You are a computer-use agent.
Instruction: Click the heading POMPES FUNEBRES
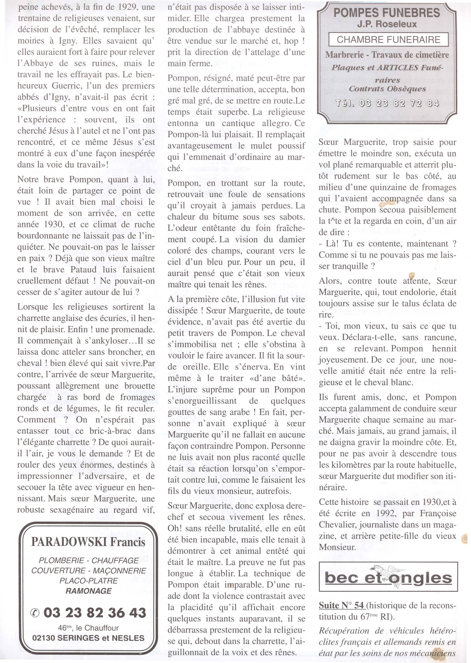point(386,13)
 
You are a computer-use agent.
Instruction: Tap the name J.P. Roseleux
point(386,25)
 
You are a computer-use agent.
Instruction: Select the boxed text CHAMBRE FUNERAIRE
point(388,39)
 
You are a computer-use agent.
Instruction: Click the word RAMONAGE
point(88,591)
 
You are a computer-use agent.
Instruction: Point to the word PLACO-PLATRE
point(88,581)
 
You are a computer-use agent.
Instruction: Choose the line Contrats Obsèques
point(387,89)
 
